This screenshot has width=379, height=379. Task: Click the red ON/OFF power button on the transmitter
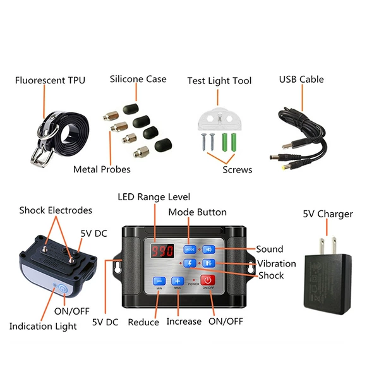coord(208,280)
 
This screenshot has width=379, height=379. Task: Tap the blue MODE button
coord(190,250)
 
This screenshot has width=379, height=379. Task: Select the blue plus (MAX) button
coord(177,281)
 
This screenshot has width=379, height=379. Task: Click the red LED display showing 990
coord(162,251)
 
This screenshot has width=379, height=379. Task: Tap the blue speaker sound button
coord(208,250)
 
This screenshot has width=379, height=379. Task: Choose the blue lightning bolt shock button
coord(190,263)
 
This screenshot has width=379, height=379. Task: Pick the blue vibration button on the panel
coord(208,263)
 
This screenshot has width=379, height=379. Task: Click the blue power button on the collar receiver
coord(63,289)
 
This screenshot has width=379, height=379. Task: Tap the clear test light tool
coord(220,119)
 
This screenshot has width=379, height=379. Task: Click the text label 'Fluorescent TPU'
coord(50,80)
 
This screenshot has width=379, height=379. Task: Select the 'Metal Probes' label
coord(102,169)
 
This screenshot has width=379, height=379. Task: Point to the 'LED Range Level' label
coord(154,197)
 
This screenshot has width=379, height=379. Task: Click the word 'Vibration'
coord(276,263)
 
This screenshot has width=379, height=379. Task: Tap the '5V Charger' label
coord(328,214)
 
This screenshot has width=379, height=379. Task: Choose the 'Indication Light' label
coord(43,327)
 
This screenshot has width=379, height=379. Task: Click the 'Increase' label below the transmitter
coord(184,322)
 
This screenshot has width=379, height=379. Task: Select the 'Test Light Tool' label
coord(219,81)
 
